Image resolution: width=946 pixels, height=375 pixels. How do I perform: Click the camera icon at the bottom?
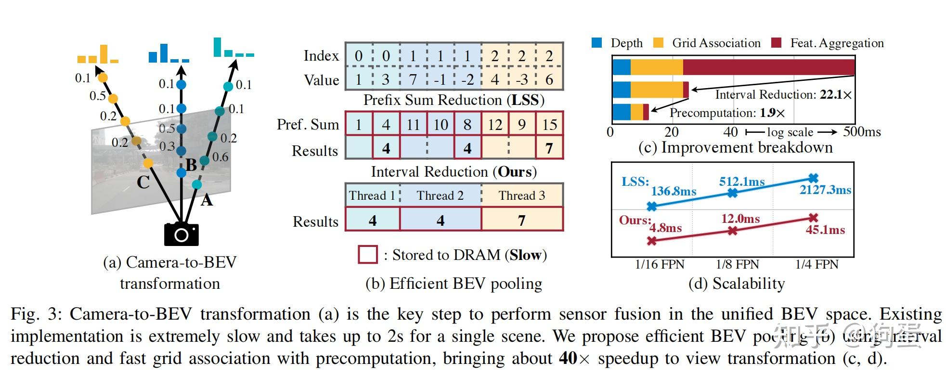pos(181,234)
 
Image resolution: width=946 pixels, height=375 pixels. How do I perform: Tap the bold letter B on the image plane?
pos(191,165)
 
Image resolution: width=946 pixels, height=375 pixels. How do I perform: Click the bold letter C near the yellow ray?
pos(143,182)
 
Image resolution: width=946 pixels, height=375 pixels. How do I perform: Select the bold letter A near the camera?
pos(207,200)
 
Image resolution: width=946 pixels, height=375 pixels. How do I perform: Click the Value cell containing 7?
pos(413,79)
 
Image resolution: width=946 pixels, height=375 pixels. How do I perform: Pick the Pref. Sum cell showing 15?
pos(549,125)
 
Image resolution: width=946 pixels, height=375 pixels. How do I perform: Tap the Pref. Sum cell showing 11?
pos(413,125)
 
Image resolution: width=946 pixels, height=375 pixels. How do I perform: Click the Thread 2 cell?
pos(440,195)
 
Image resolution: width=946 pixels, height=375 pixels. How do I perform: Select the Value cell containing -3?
pos(522,79)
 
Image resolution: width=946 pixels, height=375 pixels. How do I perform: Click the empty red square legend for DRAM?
pos(367,255)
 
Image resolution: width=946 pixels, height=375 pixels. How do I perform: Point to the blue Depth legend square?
pos(596,43)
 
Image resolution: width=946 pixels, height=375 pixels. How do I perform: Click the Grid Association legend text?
pos(716,43)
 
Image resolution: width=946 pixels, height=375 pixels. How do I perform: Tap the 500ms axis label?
pos(862,132)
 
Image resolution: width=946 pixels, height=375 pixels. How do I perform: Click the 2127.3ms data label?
pos(825,190)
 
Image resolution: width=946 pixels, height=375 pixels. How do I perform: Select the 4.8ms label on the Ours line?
pos(665,228)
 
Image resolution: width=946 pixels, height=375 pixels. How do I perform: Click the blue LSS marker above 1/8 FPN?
pos(732,193)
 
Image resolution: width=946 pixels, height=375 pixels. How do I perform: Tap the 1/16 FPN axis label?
pos(659,264)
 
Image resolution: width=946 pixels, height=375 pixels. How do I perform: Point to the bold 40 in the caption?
pos(568,358)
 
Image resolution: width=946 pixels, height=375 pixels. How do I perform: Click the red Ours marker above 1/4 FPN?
pos(813,218)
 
